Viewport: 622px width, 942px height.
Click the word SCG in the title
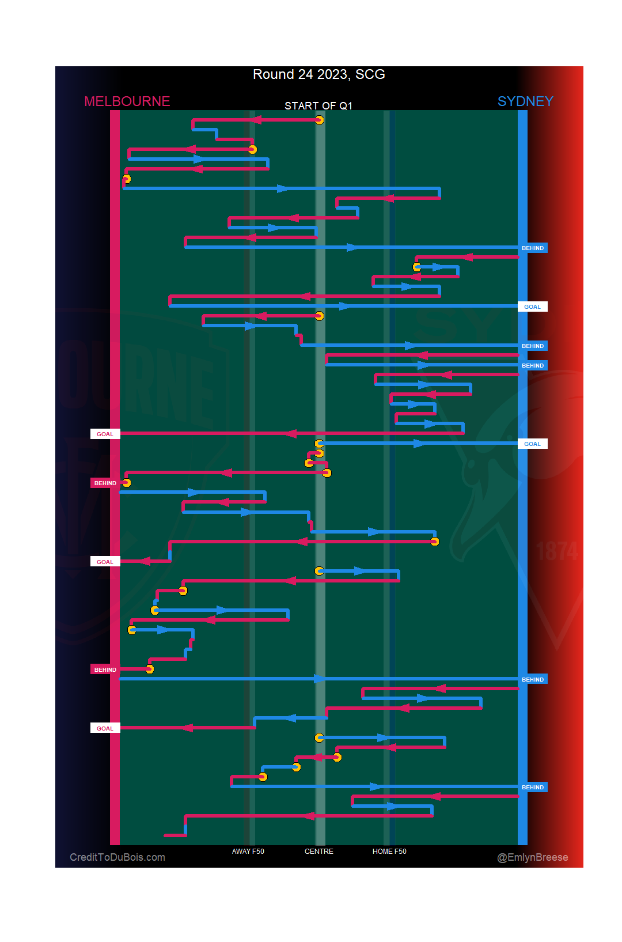click(370, 75)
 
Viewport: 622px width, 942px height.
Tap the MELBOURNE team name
click(127, 101)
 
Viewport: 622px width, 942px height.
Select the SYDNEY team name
click(525, 101)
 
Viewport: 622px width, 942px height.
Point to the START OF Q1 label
click(318, 105)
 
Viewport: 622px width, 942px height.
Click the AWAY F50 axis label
click(248, 852)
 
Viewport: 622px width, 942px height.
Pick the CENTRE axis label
click(318, 852)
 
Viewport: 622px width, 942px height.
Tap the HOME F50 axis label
click(389, 852)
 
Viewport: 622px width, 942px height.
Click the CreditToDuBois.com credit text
click(117, 857)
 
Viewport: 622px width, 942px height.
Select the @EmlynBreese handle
click(532, 857)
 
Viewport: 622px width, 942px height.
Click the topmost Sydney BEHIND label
click(532, 248)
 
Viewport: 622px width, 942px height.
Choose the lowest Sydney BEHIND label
click(532, 788)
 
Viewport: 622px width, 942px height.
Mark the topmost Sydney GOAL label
click(532, 307)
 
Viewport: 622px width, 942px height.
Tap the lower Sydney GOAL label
click(532, 444)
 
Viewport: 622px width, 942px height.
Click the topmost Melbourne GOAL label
click(105, 434)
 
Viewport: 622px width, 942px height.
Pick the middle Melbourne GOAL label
click(105, 562)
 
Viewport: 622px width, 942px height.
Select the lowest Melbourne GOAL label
click(105, 729)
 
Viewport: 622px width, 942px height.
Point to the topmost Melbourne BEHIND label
click(105, 483)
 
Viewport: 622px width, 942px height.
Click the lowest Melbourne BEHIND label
click(105, 670)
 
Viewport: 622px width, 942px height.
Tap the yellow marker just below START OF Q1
click(319, 120)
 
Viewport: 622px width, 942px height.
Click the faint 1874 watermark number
click(557, 551)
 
